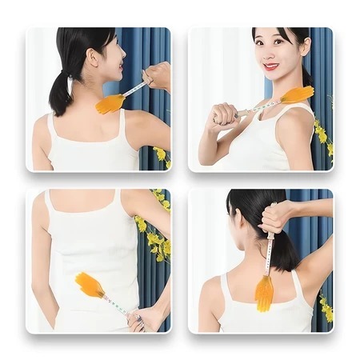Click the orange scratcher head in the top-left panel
click(x=110, y=103)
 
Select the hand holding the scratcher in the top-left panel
click(x=157, y=76)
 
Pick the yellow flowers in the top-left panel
click(x=162, y=155)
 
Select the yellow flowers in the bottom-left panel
click(x=154, y=236)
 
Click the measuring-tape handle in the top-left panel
click(x=134, y=89)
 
